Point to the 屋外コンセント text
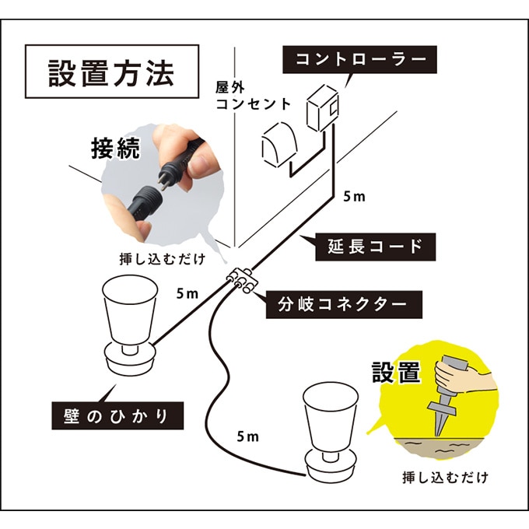point(254,94)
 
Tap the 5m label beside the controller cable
point(354,196)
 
